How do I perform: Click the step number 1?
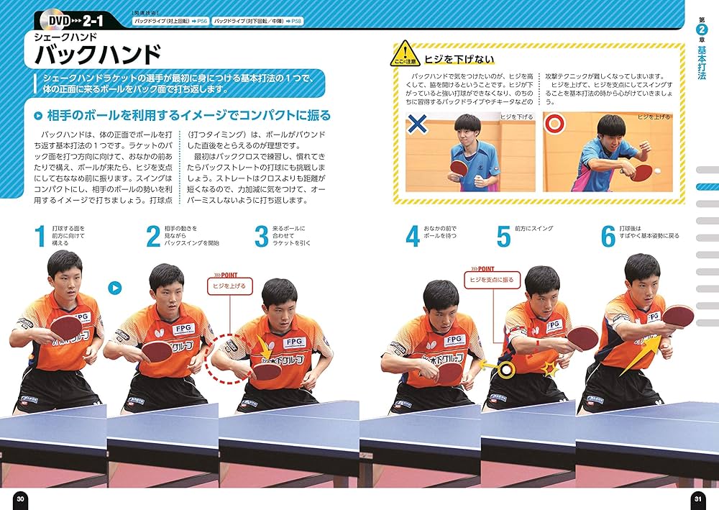pos(40,237)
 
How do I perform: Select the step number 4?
pos(412,237)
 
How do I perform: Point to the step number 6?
pos(608,237)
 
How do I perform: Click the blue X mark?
pos(417,124)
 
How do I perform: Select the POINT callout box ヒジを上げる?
pos(229,286)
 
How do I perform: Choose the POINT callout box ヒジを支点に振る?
pos(491,279)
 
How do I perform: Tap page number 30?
pos(20,499)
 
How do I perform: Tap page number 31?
pos(697,499)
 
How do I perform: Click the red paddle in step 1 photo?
pos(66,327)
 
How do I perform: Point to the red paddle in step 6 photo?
pos(678,316)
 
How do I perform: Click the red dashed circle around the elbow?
pos(225,358)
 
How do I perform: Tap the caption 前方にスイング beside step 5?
pos(533,228)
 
